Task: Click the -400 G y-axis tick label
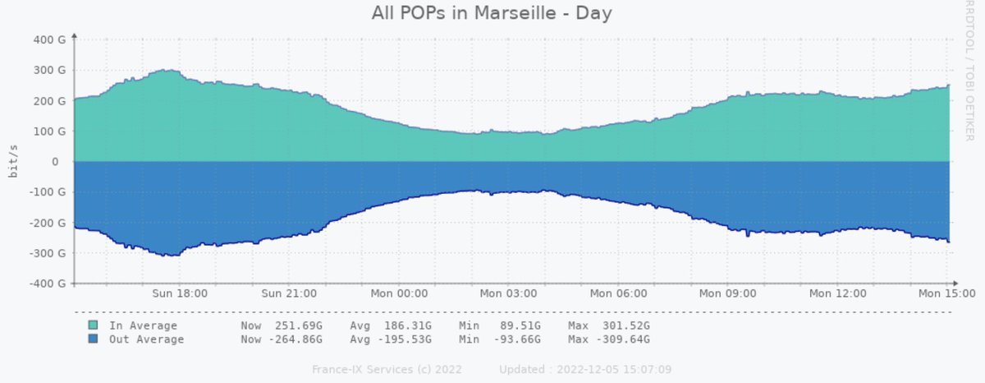tap(48, 284)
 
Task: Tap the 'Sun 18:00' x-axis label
tap(180, 293)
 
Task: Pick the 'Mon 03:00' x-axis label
tap(508, 293)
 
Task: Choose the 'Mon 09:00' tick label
tap(728, 293)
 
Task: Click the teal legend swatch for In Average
tap(93, 326)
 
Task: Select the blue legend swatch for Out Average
tap(93, 339)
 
